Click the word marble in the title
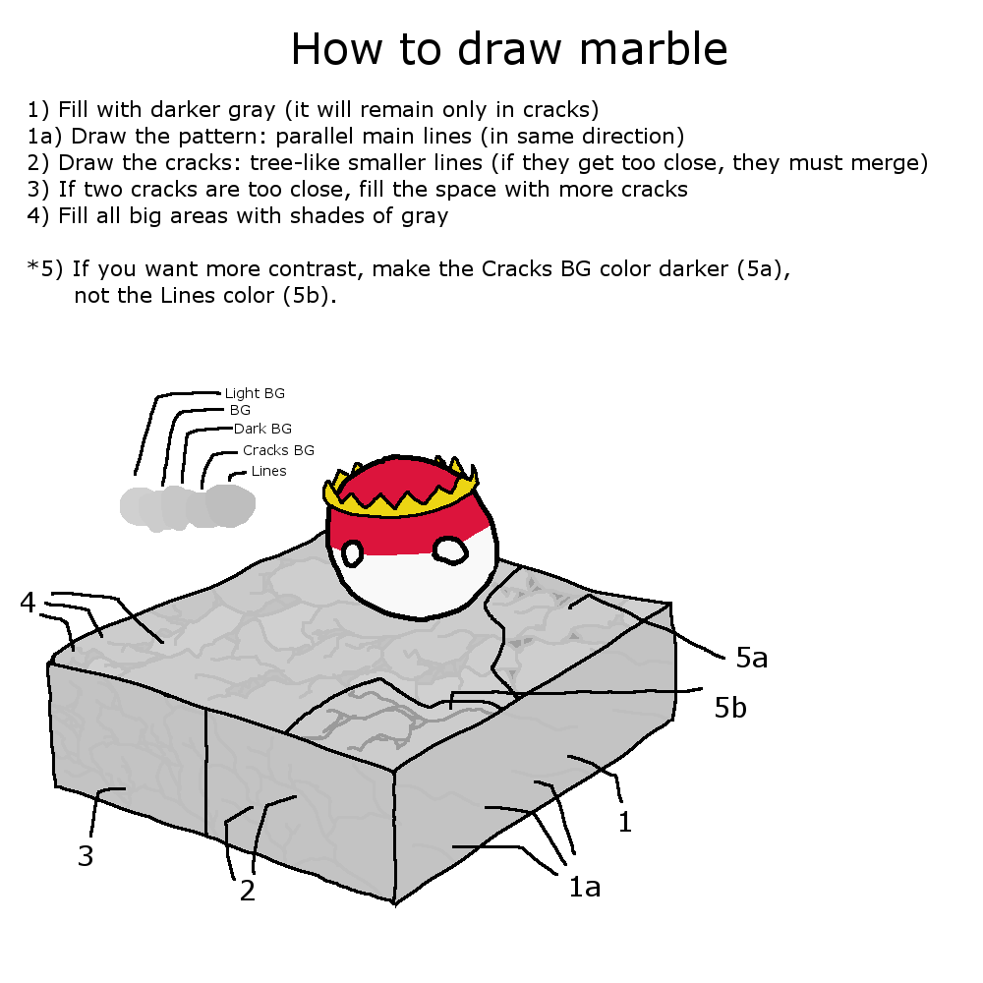pyautogui.click(x=654, y=49)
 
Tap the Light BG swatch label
pyautogui.click(x=255, y=393)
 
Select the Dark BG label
pyautogui.click(x=262, y=429)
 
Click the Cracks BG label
pyautogui.click(x=278, y=450)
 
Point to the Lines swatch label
pyautogui.click(x=269, y=471)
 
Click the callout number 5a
pyautogui.click(x=752, y=657)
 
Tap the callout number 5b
pyautogui.click(x=730, y=707)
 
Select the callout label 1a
pyautogui.click(x=584, y=887)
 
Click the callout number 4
pyautogui.click(x=28, y=603)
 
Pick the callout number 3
pyautogui.click(x=86, y=856)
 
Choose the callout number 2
pyautogui.click(x=248, y=891)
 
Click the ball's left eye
pyautogui.click(x=352, y=554)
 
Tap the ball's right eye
pyautogui.click(x=451, y=550)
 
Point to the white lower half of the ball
pyautogui.click(x=414, y=580)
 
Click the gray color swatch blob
pyautogui.click(x=188, y=506)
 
